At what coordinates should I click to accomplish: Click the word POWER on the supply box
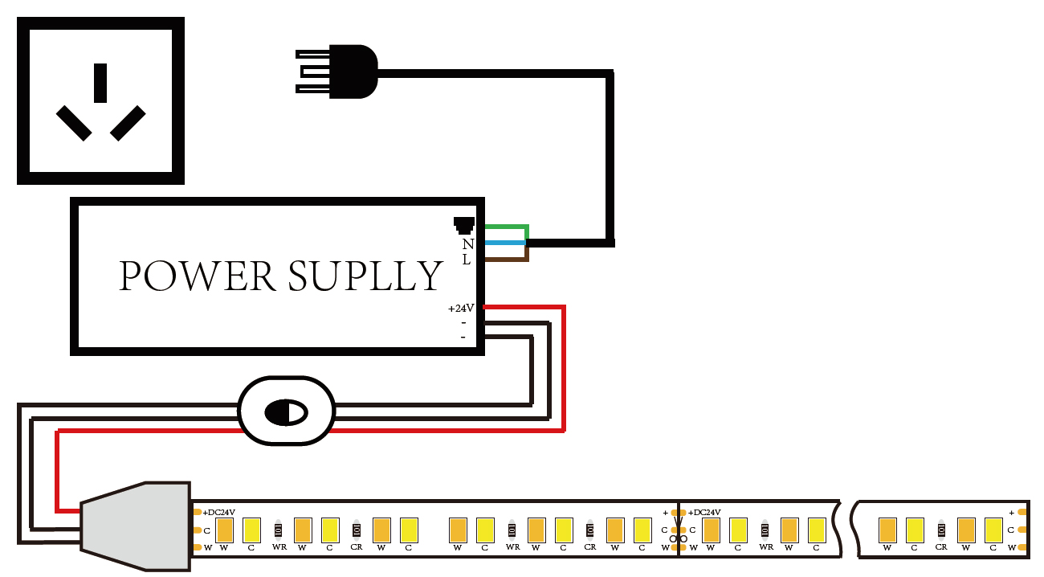tap(197, 276)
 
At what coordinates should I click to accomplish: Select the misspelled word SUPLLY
tap(365, 276)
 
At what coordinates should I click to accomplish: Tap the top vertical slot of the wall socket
tap(100, 83)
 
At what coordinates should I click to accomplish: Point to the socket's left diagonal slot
tap(74, 123)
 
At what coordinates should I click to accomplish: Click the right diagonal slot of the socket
tap(128, 123)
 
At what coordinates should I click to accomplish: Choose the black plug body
tap(353, 72)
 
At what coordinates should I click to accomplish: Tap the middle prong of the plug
tap(316, 72)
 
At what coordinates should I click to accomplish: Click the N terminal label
tap(468, 244)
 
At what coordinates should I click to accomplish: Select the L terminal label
tap(466, 260)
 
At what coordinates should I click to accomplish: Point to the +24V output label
tap(461, 309)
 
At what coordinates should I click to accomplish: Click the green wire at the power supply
tap(507, 227)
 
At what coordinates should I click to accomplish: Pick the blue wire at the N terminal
tap(505, 243)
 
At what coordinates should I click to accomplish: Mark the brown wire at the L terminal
tap(507, 259)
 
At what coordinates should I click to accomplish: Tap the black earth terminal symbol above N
tap(464, 225)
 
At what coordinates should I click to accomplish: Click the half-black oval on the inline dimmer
tap(286, 412)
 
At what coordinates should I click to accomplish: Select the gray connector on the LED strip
tap(136, 526)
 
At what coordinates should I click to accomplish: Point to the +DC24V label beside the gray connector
tap(218, 512)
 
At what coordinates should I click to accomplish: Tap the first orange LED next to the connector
tap(224, 530)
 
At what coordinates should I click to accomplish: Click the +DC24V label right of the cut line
tap(704, 512)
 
